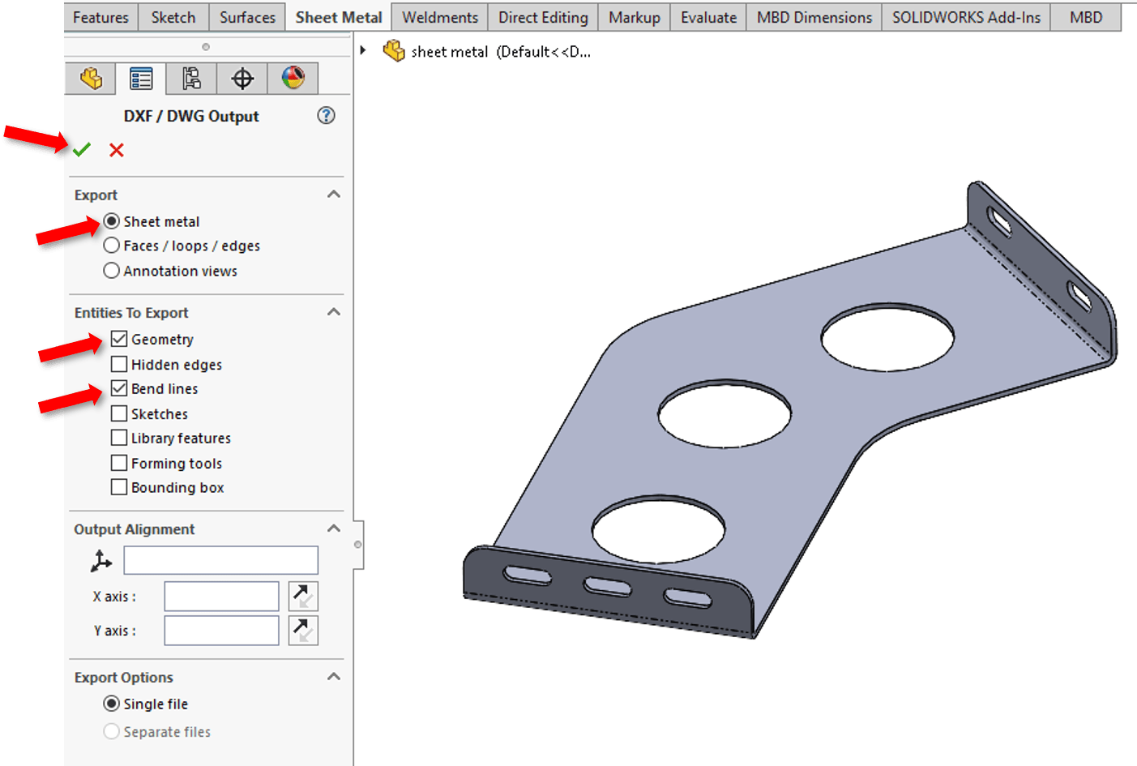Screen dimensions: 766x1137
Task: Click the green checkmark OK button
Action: (82, 150)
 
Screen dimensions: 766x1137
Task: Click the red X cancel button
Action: (117, 150)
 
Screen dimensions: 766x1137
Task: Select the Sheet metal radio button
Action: (112, 221)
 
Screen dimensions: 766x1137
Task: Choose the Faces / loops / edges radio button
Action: (112, 246)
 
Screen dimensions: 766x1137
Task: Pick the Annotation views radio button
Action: (112, 271)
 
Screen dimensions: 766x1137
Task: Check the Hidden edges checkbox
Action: (119, 364)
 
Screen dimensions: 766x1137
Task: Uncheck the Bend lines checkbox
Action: (119, 388)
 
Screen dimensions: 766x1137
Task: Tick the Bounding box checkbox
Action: (119, 487)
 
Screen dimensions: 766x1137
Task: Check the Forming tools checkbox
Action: (119, 463)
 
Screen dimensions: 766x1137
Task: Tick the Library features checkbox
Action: (119, 438)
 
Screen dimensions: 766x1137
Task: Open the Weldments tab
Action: (440, 17)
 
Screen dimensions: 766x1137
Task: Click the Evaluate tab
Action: (708, 17)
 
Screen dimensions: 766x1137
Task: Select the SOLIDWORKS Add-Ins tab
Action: (966, 17)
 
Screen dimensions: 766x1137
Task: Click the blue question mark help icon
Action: (326, 116)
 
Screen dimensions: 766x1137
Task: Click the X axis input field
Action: (221, 597)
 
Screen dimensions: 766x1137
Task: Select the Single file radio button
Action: (112, 704)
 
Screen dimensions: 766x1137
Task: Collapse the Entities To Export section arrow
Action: (333, 312)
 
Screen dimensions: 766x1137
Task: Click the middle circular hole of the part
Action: (725, 414)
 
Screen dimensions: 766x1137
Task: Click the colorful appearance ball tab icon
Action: (293, 79)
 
